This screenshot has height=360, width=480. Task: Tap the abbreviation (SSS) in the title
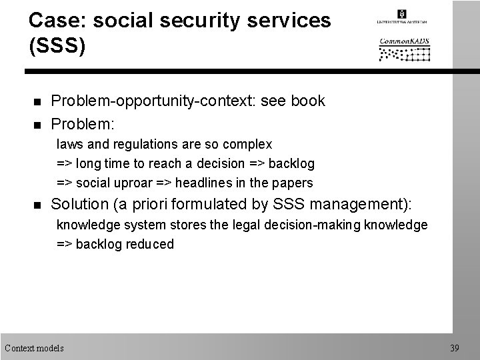(x=57, y=48)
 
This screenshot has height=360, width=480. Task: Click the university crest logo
(x=401, y=14)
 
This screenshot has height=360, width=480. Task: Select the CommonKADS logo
(x=404, y=49)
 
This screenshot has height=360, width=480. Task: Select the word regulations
(x=138, y=144)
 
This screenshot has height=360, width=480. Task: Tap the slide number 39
(x=455, y=347)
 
